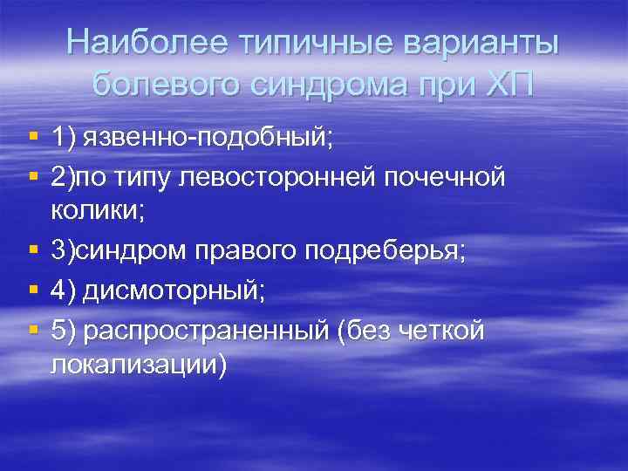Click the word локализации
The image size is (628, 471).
tap(138, 365)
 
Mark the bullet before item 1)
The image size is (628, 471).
tap(33, 137)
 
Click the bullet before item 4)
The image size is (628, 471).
tap(33, 292)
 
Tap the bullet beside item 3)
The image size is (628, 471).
tap(33, 251)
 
